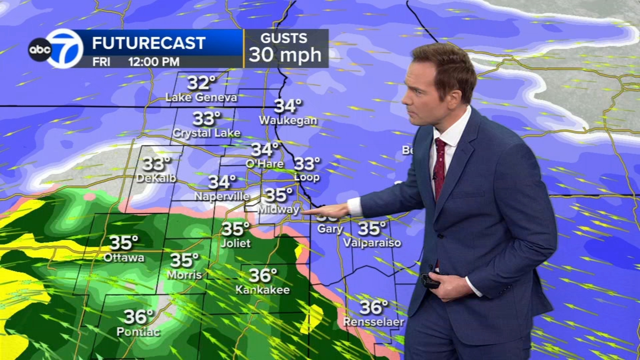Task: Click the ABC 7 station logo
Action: [56, 49]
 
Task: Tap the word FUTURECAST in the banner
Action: [148, 43]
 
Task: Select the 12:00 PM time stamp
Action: [154, 62]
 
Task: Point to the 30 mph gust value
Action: [285, 54]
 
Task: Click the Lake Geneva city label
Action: [201, 98]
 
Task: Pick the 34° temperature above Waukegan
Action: [288, 106]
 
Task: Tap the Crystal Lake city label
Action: [206, 133]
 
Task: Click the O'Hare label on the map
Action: [264, 164]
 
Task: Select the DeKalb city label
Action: [156, 178]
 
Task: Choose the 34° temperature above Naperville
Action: [222, 182]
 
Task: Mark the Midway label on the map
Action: [278, 209]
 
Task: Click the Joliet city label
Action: [236, 243]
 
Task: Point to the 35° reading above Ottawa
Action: [124, 242]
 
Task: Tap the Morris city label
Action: [184, 275]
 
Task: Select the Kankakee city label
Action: [262, 290]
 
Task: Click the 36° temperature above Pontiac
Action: [138, 317]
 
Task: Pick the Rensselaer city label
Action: [373, 322]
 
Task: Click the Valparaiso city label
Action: [372, 243]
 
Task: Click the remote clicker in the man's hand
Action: [430, 281]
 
